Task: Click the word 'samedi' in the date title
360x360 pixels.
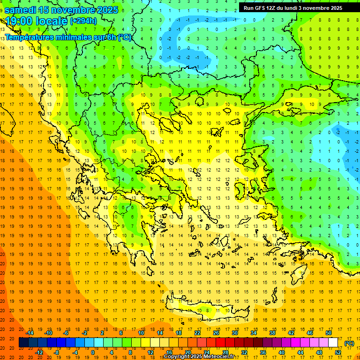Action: point(21,10)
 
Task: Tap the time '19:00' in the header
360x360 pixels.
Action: point(22,21)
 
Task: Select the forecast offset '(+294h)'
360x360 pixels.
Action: point(83,21)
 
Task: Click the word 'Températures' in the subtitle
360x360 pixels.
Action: point(29,37)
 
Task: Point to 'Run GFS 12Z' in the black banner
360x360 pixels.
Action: point(260,7)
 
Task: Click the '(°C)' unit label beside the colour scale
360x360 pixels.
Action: point(349,343)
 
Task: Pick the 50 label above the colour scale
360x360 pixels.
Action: point(329,333)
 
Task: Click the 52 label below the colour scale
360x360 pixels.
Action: point(338,352)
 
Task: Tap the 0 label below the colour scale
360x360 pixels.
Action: point(92,352)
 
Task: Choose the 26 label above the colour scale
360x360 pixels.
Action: point(216,333)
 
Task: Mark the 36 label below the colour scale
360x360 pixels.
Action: point(263,352)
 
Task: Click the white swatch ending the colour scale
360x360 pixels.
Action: point(333,343)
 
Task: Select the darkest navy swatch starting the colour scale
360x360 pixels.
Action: point(24,343)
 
